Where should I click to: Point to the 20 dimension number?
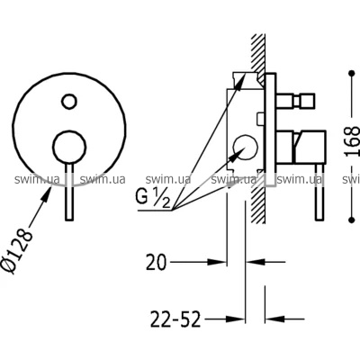(x=156, y=262)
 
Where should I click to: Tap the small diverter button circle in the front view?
(x=68, y=102)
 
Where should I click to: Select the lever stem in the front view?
(x=69, y=192)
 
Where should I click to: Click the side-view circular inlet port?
(x=246, y=148)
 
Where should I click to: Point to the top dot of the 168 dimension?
(x=352, y=73)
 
